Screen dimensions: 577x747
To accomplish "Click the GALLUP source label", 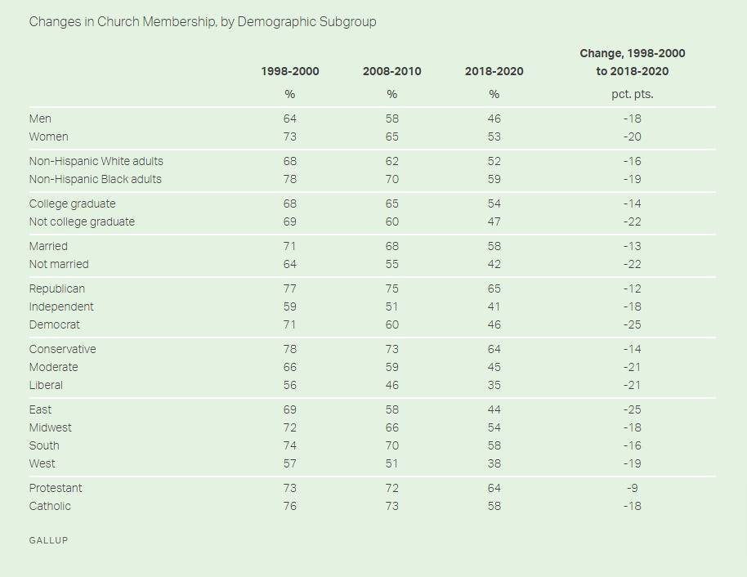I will (x=48, y=540).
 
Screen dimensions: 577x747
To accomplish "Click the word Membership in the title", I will (x=179, y=21).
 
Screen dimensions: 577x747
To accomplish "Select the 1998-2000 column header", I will (x=290, y=71).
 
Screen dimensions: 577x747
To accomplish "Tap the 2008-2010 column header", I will (x=392, y=71).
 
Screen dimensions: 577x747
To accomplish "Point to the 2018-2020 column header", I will (x=494, y=71).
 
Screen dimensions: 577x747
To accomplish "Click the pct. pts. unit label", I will (x=633, y=94).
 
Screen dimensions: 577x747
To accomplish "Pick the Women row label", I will (x=49, y=136).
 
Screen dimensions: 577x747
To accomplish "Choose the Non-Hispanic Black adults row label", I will (x=96, y=179).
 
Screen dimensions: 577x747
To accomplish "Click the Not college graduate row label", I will (x=82, y=221).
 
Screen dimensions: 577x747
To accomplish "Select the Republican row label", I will (x=57, y=288).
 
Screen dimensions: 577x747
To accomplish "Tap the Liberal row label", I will (x=46, y=385).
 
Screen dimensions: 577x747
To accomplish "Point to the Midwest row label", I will (x=51, y=427).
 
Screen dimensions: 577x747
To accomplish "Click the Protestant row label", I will (x=56, y=488).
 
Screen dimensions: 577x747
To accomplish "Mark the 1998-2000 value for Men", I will (x=290, y=119).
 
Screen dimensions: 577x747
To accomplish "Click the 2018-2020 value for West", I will (x=494, y=463).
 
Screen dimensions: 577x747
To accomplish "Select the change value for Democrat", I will (x=633, y=324).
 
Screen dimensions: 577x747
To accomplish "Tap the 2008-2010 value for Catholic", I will (x=392, y=506).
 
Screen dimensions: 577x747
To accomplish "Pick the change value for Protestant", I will (x=633, y=488).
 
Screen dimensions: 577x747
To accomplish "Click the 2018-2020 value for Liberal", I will (x=494, y=385).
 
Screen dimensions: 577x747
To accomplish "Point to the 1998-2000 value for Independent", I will (x=290, y=306).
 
